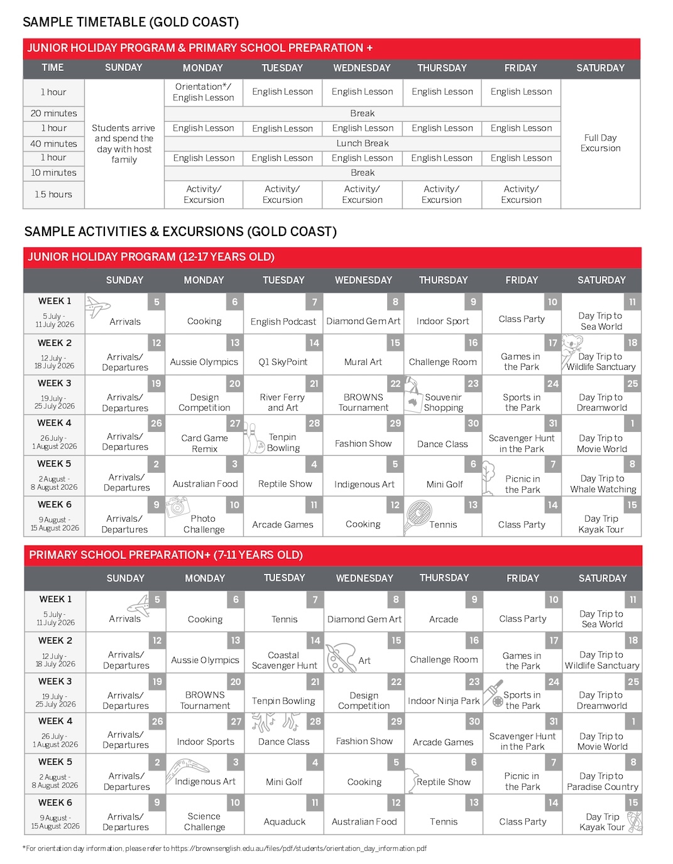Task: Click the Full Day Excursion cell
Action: (x=600, y=143)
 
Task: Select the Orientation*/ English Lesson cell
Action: (x=203, y=92)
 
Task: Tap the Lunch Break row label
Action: (x=363, y=143)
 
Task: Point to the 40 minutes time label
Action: (x=53, y=144)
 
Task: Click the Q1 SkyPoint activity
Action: (x=283, y=362)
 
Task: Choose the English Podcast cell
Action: (x=283, y=321)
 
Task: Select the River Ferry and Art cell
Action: (x=282, y=402)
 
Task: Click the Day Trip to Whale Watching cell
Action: (x=603, y=483)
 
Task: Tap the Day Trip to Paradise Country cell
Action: (x=602, y=781)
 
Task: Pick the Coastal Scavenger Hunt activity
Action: (x=284, y=660)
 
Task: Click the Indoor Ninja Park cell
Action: (x=443, y=701)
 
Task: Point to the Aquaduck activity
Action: (x=284, y=821)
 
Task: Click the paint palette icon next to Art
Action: (x=341, y=657)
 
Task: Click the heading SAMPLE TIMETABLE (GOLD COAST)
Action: (x=131, y=22)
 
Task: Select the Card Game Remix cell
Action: (x=204, y=443)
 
